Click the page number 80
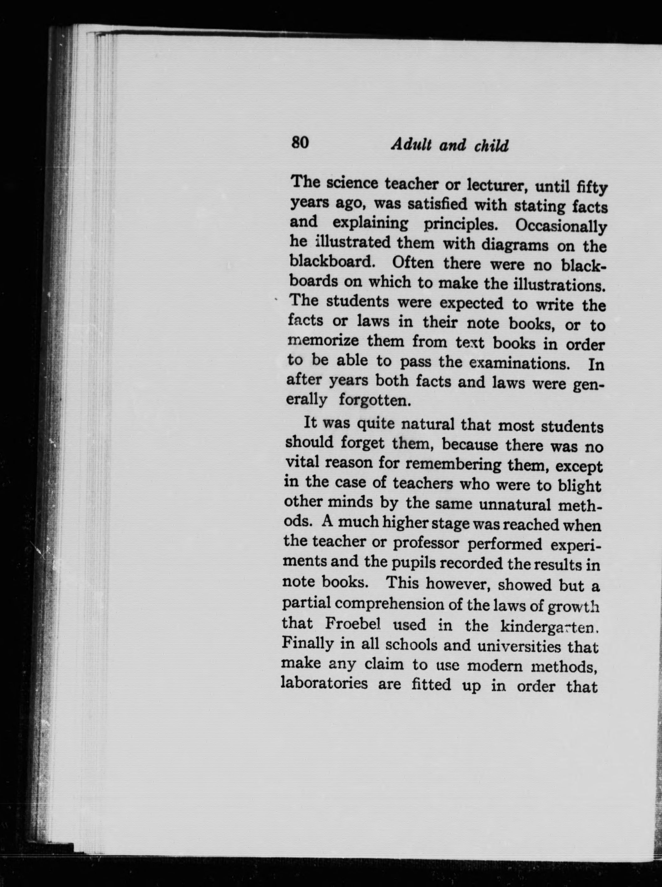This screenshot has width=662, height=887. click(300, 143)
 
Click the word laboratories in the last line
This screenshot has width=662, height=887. click(325, 683)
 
